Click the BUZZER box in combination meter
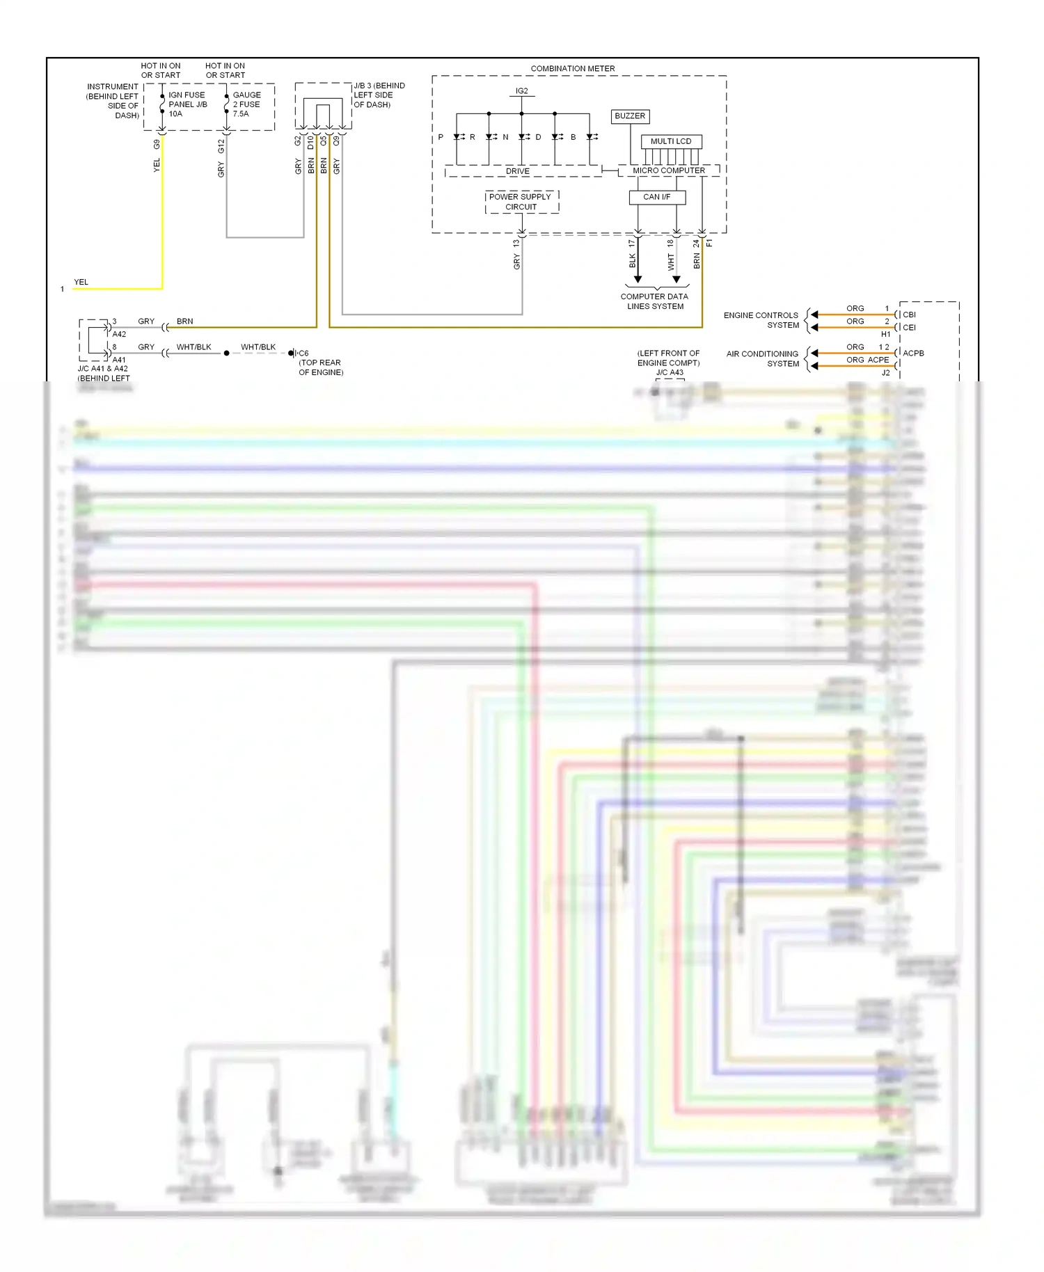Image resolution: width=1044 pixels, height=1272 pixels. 630,116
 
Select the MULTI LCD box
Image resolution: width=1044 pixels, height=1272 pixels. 671,141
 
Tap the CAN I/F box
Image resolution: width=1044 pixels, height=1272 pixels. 656,197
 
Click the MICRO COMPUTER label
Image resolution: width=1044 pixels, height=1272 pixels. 668,170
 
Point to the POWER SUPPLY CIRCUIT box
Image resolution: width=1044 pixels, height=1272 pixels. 521,202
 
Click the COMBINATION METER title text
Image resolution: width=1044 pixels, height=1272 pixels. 572,69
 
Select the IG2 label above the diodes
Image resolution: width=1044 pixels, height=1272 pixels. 521,91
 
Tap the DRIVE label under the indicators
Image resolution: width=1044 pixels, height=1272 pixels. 517,171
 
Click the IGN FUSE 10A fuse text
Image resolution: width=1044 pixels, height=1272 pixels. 187,104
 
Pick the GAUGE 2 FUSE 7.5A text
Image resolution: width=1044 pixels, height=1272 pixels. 247,104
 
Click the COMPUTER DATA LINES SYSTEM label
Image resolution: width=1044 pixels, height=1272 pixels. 654,301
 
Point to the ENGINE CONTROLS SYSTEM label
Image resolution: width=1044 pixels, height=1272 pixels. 761,320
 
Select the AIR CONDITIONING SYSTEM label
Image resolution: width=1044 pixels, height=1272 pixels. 763,358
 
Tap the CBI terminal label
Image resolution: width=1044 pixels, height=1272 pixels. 909,315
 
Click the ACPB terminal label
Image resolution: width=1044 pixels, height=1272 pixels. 913,353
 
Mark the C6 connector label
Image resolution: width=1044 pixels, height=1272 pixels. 303,353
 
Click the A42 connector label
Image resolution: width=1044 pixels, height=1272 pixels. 119,335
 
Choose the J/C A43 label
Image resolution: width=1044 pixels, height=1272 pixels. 670,372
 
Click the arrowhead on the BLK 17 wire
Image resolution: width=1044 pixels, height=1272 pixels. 638,279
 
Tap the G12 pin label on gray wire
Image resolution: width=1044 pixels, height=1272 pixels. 221,146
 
